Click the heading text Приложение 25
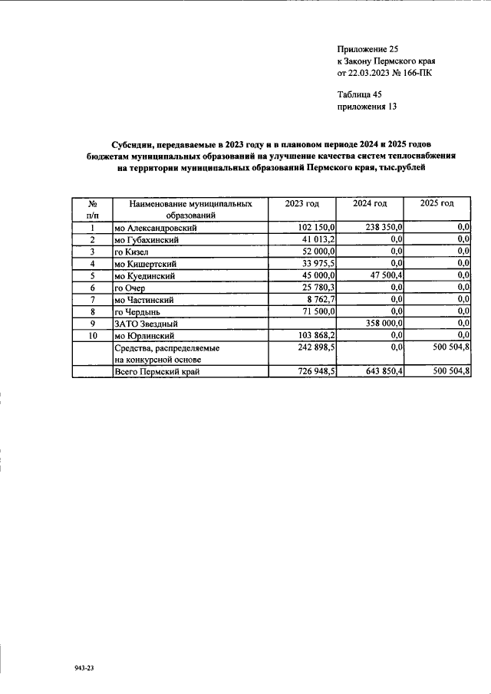click(368, 48)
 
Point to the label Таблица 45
click(360, 94)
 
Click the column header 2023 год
click(302, 203)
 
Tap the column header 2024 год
click(370, 203)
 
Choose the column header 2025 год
click(437, 203)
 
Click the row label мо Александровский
click(157, 228)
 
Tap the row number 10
click(92, 335)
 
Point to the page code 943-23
click(84, 669)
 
